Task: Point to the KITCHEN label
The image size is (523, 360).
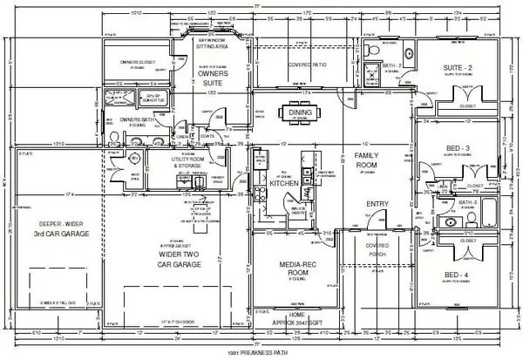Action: click(x=284, y=184)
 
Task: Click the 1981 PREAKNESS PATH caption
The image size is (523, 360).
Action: click(x=262, y=352)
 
